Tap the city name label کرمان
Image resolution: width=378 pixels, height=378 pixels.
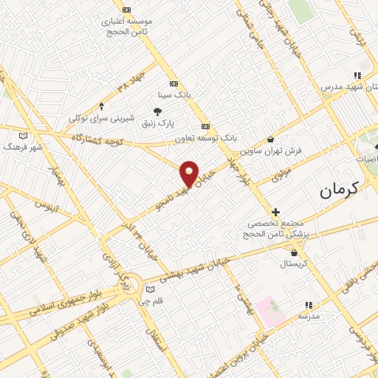tap(348, 189)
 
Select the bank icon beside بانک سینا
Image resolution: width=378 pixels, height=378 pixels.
tap(173, 83)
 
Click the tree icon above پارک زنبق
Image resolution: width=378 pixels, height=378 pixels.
tap(157, 111)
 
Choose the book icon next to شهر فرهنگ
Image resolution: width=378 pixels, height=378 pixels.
tap(24, 136)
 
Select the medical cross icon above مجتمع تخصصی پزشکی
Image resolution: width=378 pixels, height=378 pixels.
tap(275, 212)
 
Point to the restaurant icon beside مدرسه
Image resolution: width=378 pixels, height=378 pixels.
tap(309, 304)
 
